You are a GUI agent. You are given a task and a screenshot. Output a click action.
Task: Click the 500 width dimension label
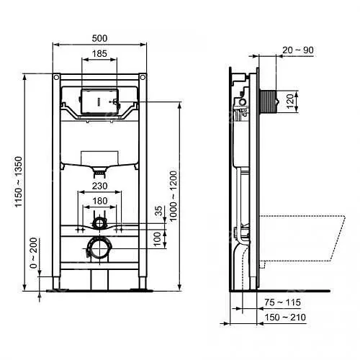pyautogui.click(x=99, y=38)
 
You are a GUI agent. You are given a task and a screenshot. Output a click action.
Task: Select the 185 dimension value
pyautogui.click(x=99, y=53)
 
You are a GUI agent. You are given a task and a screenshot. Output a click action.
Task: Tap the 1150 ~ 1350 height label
pyautogui.click(x=19, y=181)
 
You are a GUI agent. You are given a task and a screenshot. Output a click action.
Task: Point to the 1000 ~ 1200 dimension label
pyautogui.click(x=173, y=196)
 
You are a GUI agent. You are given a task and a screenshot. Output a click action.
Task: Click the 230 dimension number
pyautogui.click(x=99, y=186)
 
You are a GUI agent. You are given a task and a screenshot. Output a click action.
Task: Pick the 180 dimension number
pyautogui.click(x=99, y=201)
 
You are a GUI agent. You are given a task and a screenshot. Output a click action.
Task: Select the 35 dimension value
pyautogui.click(x=158, y=211)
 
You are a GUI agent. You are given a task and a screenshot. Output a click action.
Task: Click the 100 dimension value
pyautogui.click(x=157, y=239)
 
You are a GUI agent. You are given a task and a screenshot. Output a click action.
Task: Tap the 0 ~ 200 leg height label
pyautogui.click(x=34, y=253)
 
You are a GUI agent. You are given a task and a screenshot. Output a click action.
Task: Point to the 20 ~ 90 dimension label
pyautogui.click(x=298, y=50)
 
